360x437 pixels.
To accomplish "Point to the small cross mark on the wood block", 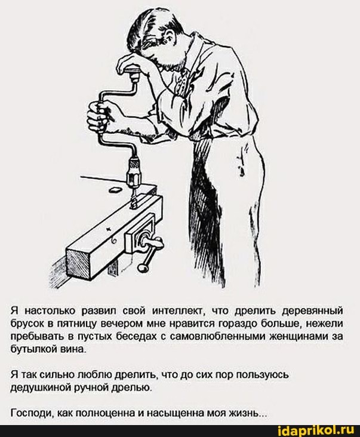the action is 109,229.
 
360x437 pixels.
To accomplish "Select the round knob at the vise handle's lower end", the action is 143,268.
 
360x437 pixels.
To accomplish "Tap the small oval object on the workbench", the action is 115,190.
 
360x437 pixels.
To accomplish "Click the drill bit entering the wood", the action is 133,198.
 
